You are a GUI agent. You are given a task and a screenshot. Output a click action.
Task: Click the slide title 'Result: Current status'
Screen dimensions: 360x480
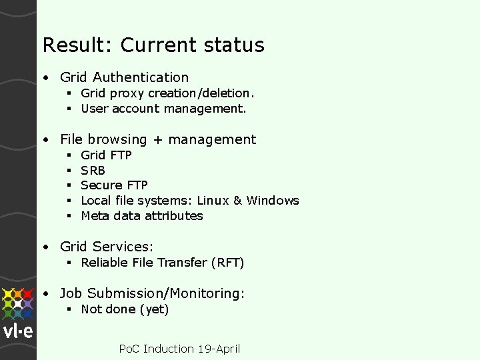(153, 45)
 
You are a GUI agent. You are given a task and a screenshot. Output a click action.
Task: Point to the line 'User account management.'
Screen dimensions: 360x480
(163, 108)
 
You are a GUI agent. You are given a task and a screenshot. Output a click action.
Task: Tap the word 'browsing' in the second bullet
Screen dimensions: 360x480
(113, 139)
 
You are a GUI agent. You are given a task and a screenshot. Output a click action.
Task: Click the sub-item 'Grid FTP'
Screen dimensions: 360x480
(106, 155)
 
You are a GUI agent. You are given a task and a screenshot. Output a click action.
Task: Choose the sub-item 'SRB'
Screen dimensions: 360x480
(93, 170)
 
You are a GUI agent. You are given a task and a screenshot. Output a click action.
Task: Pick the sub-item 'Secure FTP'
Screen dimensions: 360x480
(114, 185)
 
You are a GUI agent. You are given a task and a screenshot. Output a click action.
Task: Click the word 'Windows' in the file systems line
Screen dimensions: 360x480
(273, 200)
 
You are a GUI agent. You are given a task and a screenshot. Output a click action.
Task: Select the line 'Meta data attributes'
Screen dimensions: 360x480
(141, 215)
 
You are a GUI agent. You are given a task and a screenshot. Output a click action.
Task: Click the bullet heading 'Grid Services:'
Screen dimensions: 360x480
(107, 247)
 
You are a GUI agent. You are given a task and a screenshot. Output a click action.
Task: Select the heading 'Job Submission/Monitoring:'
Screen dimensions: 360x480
(152, 293)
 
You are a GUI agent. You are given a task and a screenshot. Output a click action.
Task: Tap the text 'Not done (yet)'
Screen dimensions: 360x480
(125, 309)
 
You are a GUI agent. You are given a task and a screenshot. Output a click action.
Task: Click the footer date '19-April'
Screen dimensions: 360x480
(219, 349)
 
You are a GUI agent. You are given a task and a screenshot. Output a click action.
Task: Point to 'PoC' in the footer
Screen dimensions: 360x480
(129, 349)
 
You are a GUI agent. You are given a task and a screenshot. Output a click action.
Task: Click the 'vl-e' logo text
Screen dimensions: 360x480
(18, 332)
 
